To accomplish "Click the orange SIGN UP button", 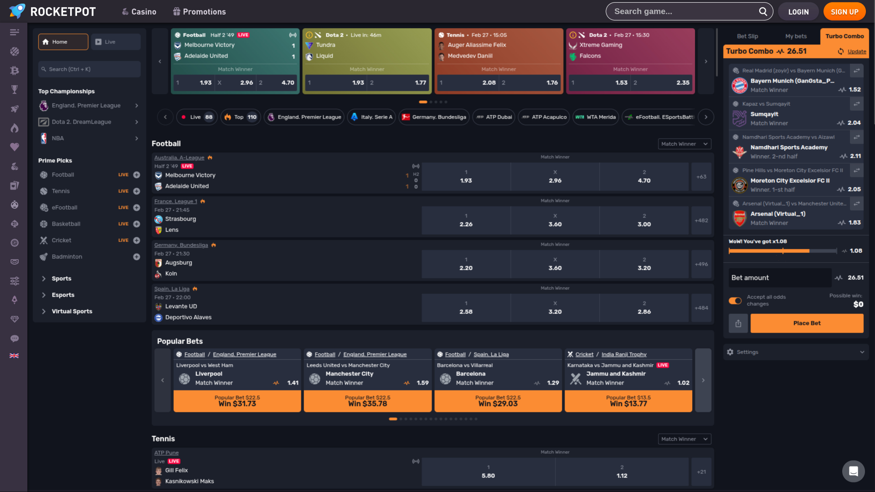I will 844,12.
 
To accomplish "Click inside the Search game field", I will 684,11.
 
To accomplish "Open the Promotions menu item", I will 200,12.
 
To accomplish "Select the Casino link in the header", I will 139,12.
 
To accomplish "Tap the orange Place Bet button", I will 807,323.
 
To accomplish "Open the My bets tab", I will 796,36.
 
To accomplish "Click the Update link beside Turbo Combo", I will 856,51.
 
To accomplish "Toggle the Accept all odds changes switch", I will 735,301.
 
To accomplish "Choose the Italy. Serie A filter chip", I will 372,117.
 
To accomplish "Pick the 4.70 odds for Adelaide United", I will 644,177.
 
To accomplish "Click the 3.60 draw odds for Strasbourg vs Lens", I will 555,220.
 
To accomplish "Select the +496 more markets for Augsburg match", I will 701,264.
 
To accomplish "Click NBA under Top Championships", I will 58,138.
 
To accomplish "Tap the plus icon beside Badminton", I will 136,257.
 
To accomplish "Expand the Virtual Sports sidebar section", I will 72,312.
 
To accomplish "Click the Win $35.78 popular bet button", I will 367,401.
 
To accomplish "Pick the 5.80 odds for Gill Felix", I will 488,472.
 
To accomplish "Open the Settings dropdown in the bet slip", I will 795,352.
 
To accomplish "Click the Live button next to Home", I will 115,42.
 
